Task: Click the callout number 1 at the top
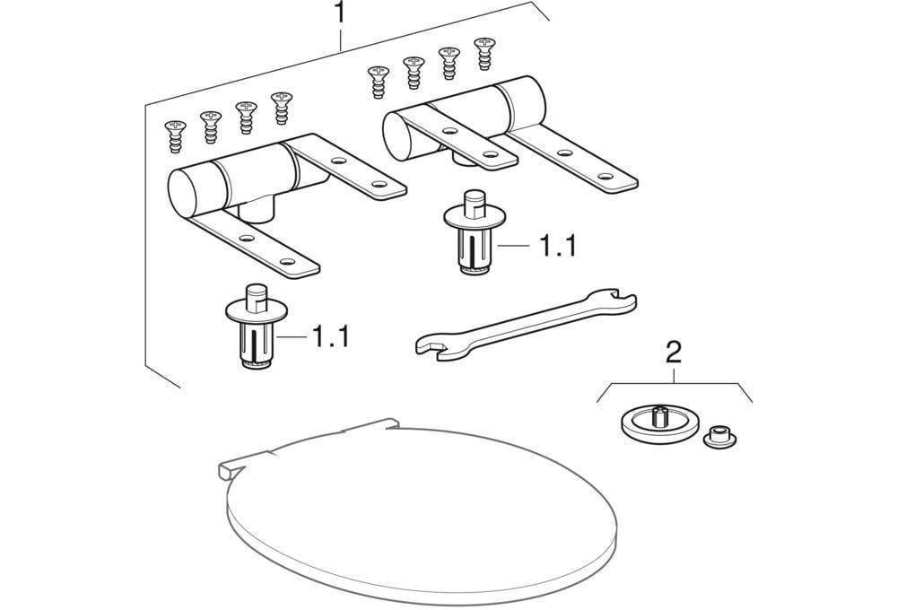click(x=340, y=13)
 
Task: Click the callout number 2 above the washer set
click(x=675, y=353)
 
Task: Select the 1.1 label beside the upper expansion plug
click(x=558, y=246)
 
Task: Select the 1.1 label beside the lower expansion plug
click(x=330, y=335)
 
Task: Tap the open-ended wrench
click(x=525, y=323)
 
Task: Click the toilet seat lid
click(x=421, y=512)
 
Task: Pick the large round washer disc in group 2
click(x=659, y=423)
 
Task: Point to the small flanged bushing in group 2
click(x=719, y=437)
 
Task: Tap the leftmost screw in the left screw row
click(x=176, y=136)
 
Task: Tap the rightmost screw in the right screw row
click(x=485, y=54)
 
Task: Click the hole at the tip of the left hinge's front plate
click(x=288, y=262)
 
